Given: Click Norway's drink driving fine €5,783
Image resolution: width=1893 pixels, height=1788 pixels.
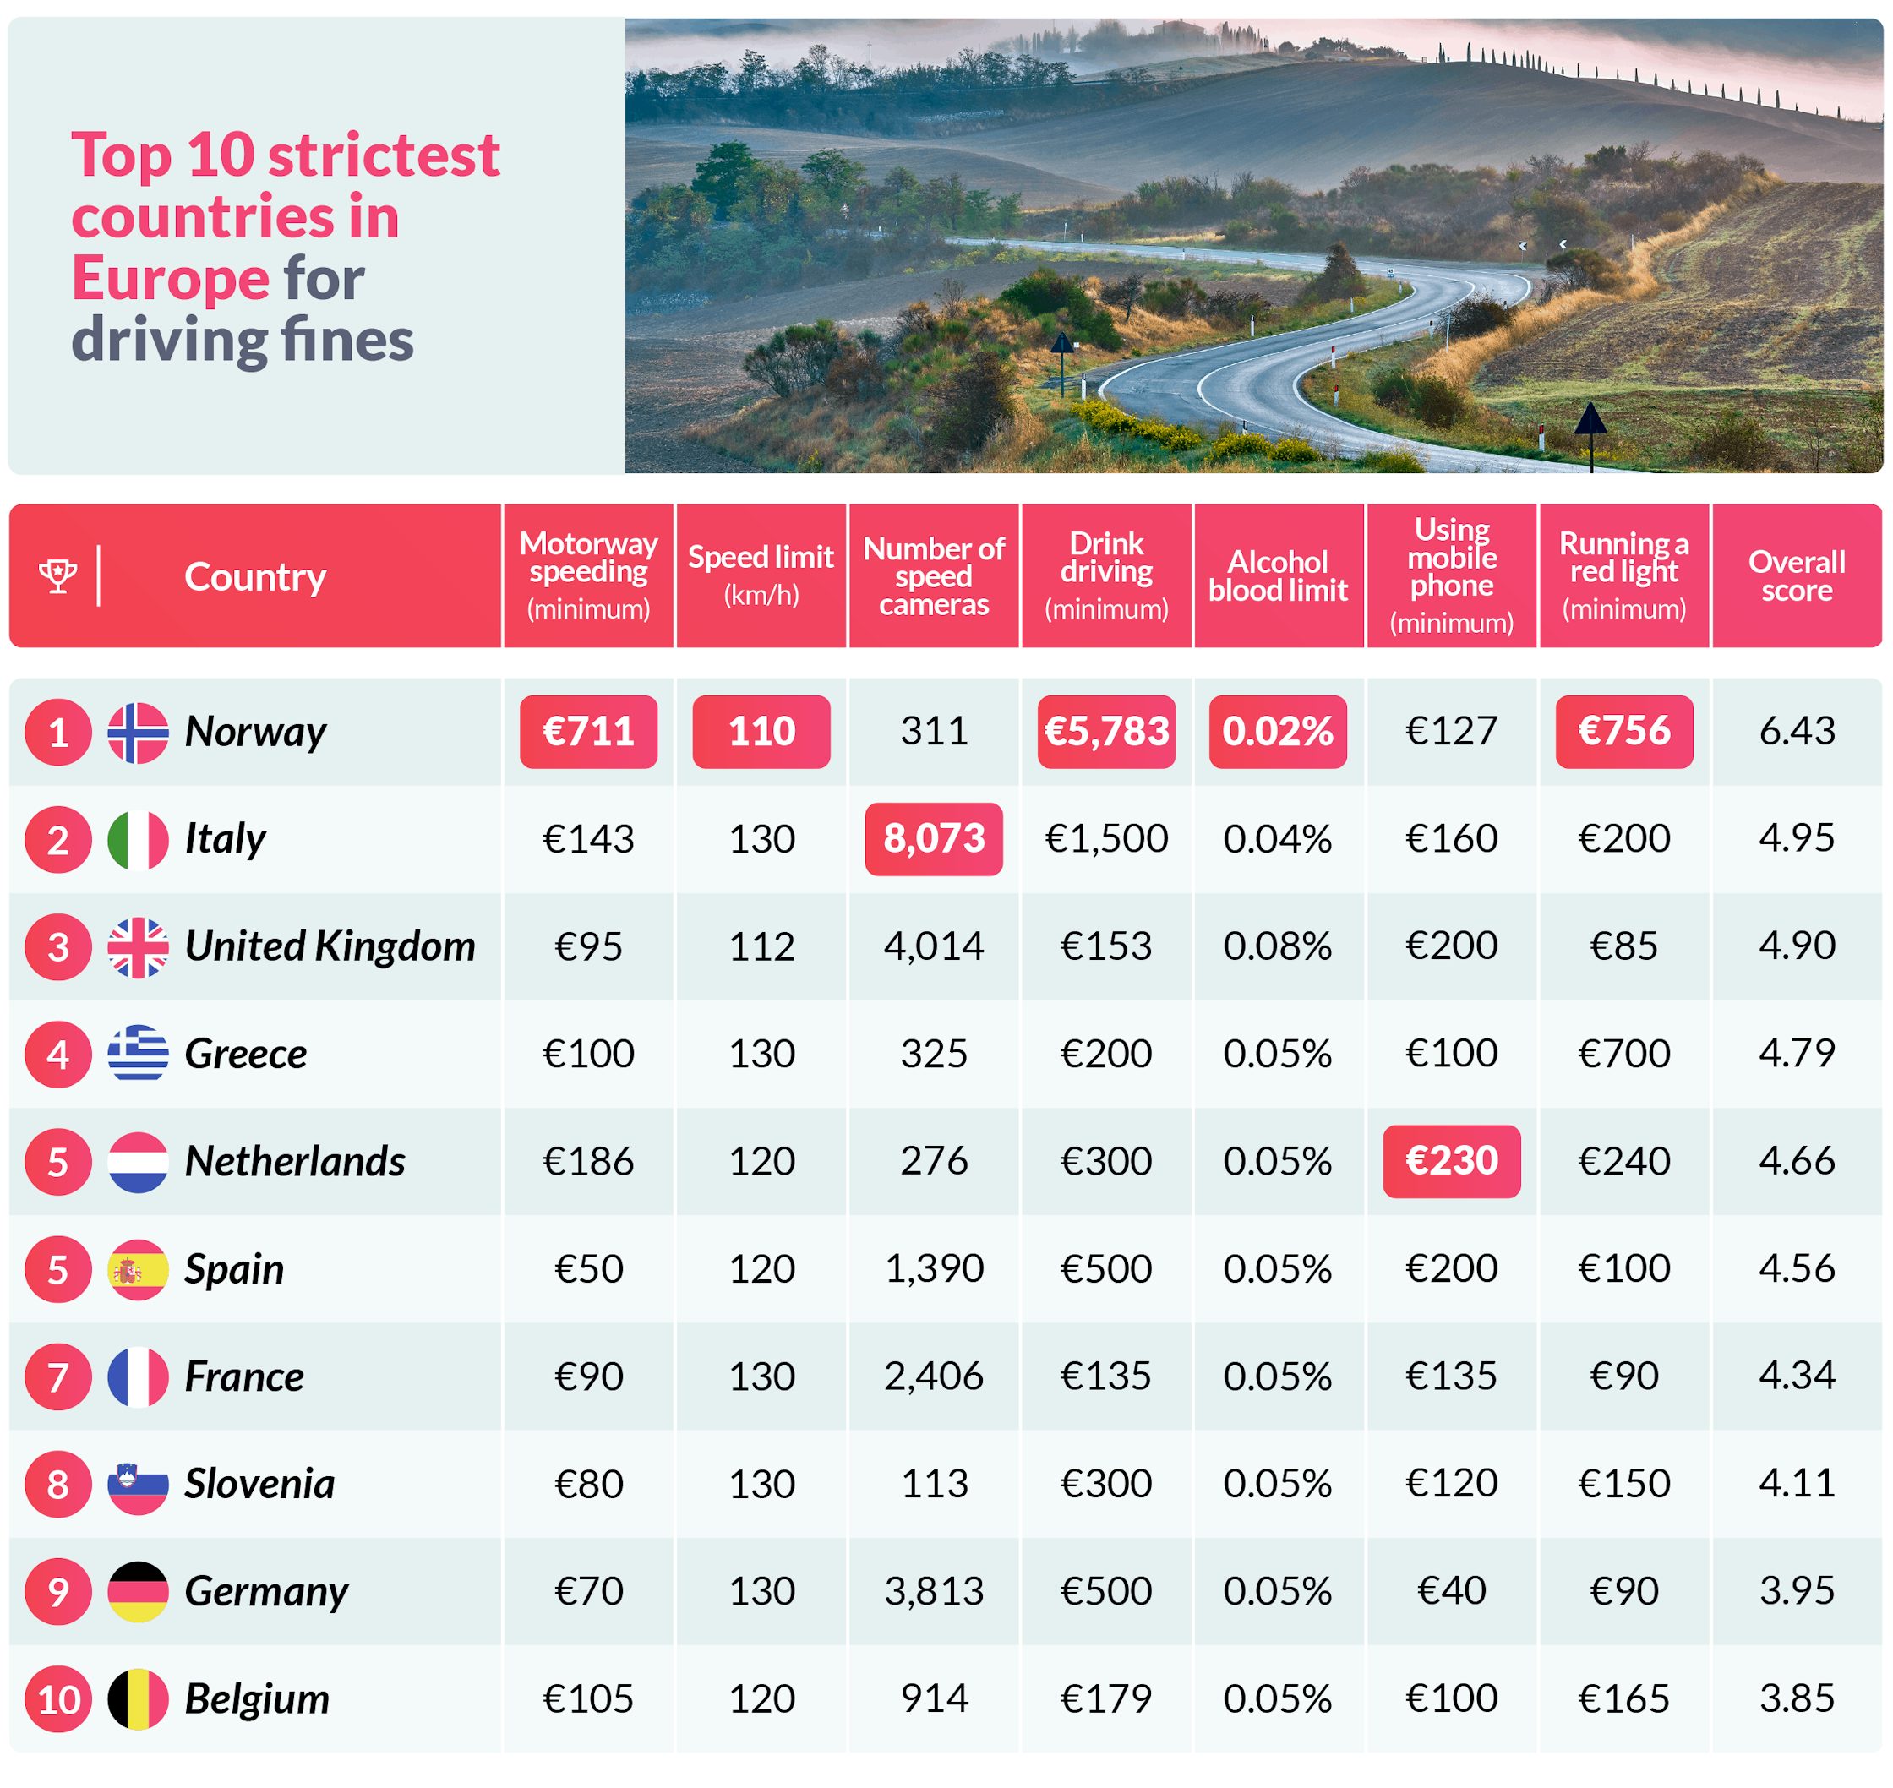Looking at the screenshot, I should [x=1105, y=731].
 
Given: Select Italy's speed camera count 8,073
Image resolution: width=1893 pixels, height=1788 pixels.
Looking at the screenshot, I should [x=933, y=839].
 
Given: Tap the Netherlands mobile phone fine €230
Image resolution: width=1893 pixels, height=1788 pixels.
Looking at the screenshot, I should [x=1451, y=1161].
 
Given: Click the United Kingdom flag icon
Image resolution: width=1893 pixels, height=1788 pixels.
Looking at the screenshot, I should [x=139, y=946].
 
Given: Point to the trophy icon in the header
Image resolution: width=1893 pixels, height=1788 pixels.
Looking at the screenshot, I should [x=57, y=575].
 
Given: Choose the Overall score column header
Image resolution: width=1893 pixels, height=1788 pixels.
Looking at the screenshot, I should [x=1796, y=575].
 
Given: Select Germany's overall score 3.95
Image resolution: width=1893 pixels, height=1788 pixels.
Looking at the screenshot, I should [x=1796, y=1591].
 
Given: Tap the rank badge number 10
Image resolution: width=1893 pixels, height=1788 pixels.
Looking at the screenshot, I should [x=58, y=1699].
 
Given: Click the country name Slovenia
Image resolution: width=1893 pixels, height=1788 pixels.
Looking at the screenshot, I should [x=259, y=1484].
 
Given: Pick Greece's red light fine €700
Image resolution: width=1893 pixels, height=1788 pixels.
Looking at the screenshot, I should [x=1623, y=1053].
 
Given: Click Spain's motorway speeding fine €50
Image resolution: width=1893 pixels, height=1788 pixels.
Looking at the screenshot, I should [x=588, y=1268].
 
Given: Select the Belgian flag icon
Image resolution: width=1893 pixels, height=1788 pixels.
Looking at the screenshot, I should [x=139, y=1699].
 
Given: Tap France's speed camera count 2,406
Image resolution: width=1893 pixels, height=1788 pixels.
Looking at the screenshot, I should [x=933, y=1376].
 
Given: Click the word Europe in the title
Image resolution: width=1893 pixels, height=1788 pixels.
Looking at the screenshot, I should [x=171, y=278].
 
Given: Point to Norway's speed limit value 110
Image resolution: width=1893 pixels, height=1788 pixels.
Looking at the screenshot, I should [x=761, y=731].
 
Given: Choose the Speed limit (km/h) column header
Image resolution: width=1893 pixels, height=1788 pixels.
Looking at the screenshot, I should [x=761, y=575].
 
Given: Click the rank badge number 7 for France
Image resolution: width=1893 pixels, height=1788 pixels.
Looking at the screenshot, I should [x=58, y=1376].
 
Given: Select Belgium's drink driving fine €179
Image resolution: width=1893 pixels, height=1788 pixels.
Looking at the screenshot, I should [x=1105, y=1699].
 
